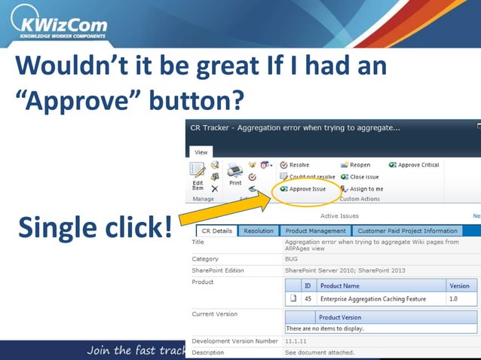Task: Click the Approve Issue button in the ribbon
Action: [303, 189]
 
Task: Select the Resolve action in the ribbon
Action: [295, 165]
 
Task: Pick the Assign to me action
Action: [361, 189]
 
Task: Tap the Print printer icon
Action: [235, 172]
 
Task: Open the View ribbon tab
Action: [201, 152]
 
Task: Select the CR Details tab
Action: [216, 231]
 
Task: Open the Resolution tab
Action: [259, 231]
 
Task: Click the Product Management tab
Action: [316, 231]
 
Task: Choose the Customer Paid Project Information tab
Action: [407, 231]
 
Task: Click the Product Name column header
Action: [340, 286]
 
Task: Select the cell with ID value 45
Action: [308, 299]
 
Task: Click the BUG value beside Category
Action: [293, 259]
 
